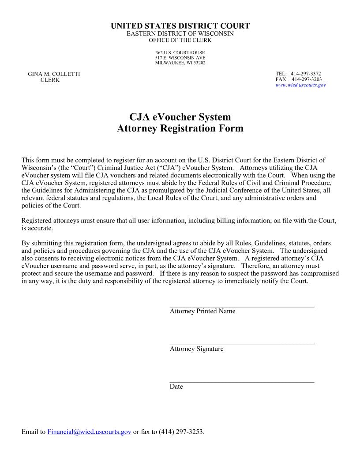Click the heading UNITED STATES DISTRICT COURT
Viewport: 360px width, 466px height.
180,26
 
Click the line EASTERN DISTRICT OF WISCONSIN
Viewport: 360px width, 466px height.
180,34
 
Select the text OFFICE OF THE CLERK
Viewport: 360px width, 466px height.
180,40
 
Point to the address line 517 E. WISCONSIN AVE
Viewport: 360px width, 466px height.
180,58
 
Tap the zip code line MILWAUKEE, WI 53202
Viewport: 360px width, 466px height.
180,63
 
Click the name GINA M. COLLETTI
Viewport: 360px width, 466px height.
54,74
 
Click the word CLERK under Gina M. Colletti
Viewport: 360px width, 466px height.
50,80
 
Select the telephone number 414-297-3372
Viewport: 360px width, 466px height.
306,74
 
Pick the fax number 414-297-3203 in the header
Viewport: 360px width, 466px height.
307,79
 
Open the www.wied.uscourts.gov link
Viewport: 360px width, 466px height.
300,85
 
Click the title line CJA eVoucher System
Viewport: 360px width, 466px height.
180,117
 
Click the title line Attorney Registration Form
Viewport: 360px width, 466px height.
180,129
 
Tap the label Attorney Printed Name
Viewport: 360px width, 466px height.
202,312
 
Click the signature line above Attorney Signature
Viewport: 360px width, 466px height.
242,344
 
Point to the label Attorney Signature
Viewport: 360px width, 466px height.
196,349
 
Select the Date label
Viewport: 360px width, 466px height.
176,387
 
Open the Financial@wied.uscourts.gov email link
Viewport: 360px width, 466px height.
89,432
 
